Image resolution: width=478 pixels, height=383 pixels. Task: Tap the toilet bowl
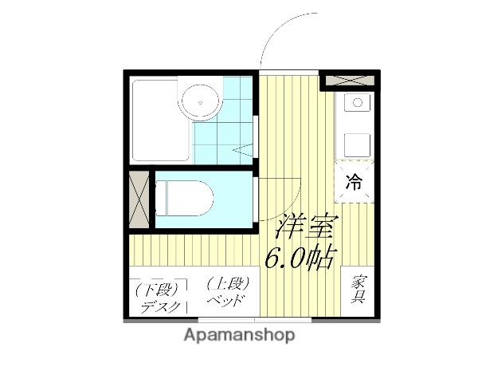[182, 198]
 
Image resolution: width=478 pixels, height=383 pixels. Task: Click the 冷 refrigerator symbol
[353, 182]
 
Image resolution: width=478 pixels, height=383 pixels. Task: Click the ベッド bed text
[225, 301]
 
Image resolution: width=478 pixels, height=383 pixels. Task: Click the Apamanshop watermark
[238, 335]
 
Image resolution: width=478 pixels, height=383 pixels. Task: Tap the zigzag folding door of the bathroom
[242, 148]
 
